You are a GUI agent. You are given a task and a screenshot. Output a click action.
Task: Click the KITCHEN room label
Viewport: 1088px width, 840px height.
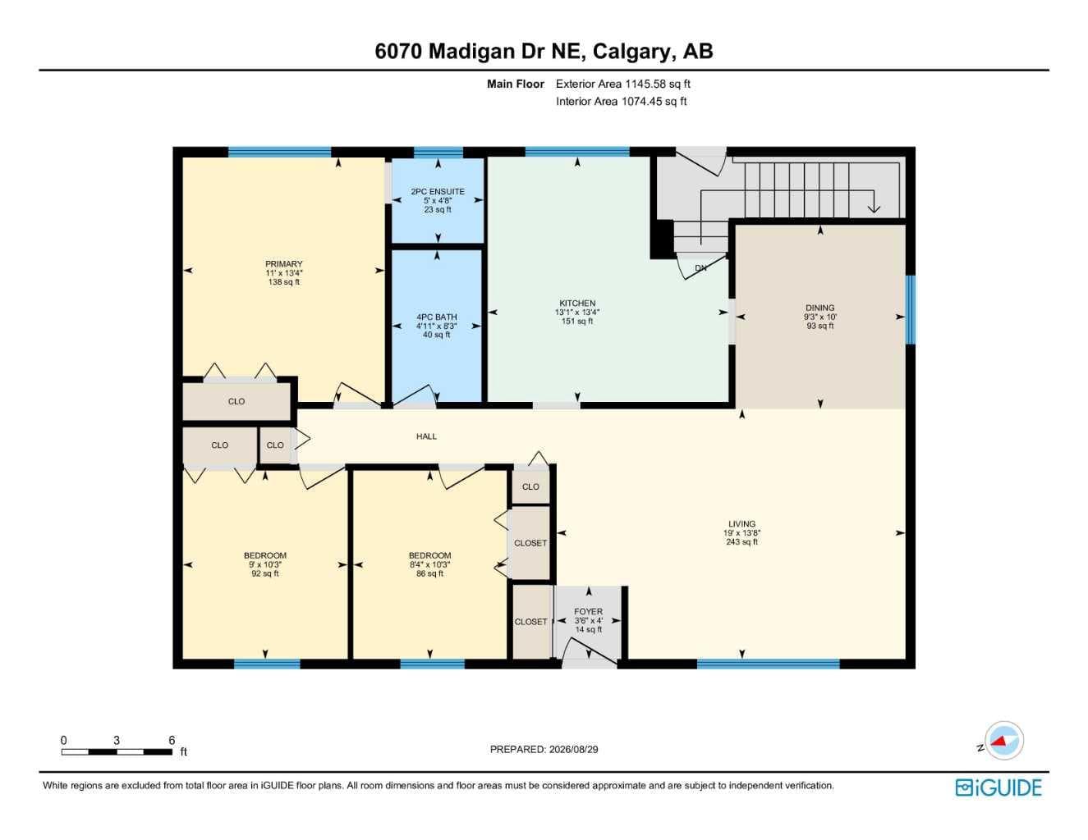(577, 303)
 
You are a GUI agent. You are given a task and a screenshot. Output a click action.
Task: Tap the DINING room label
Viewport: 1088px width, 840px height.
(819, 308)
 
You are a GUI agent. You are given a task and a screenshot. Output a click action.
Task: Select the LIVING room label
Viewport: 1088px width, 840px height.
(741, 524)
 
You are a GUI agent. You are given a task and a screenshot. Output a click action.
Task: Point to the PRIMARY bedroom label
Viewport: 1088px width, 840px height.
(284, 263)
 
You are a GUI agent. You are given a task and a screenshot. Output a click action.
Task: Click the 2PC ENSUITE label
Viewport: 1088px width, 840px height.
(438, 191)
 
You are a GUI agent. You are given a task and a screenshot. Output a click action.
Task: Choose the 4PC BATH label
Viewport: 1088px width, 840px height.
(437, 317)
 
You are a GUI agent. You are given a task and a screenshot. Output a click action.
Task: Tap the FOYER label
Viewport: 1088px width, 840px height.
(588, 611)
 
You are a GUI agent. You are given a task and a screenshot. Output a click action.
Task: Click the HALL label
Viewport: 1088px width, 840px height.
(426, 436)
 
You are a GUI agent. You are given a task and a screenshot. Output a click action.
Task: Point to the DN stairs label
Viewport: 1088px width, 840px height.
(700, 268)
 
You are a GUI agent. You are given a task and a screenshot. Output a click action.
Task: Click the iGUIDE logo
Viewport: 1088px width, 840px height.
(998, 788)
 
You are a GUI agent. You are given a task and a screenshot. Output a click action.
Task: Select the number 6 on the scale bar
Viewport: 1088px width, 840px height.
(172, 740)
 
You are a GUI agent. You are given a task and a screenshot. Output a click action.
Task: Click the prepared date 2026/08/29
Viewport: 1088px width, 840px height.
(573, 750)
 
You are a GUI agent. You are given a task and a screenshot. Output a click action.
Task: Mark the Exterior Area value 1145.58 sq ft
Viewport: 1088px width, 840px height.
(657, 84)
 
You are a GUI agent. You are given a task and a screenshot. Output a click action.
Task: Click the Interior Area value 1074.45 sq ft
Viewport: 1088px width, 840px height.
(654, 102)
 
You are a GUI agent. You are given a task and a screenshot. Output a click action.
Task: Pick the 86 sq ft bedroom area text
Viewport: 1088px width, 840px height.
(429, 573)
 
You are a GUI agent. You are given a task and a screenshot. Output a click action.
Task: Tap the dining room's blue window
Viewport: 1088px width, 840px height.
(911, 310)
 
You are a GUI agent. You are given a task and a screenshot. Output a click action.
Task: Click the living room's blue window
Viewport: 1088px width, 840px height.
(768, 664)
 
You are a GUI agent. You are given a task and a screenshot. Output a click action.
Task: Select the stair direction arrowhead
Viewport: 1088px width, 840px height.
(874, 208)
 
